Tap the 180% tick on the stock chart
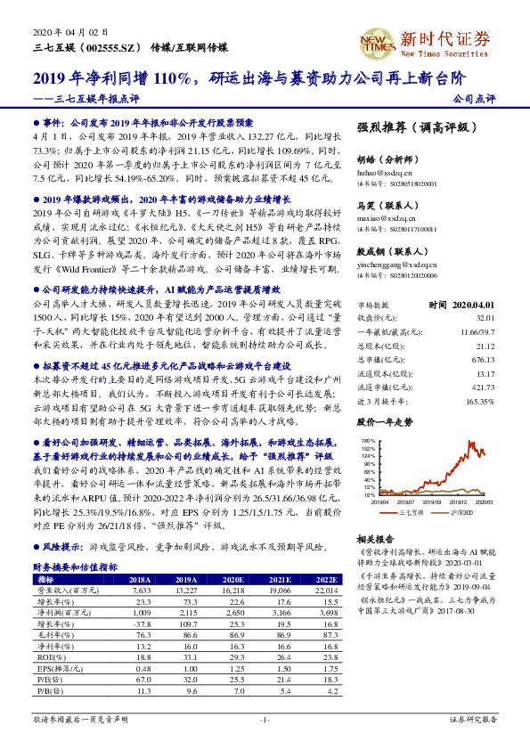[x=368, y=441]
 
